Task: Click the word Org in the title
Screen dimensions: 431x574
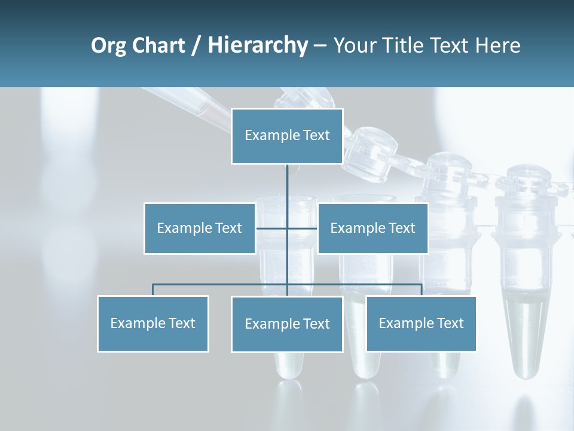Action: click(x=108, y=45)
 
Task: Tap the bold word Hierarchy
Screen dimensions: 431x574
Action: click(x=257, y=45)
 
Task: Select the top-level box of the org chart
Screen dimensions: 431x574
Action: click(x=287, y=136)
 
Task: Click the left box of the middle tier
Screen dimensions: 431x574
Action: click(x=199, y=228)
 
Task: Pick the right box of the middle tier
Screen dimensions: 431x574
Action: click(x=373, y=228)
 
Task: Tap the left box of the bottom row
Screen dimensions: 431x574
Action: click(x=152, y=323)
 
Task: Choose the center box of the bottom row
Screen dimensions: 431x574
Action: click(x=287, y=324)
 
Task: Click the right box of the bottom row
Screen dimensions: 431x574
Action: click(x=421, y=323)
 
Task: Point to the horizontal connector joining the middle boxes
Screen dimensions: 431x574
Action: click(x=273, y=228)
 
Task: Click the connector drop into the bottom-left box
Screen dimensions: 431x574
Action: click(x=152, y=290)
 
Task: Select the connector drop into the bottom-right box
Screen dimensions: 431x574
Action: click(x=421, y=290)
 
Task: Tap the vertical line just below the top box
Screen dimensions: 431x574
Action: click(x=287, y=180)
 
